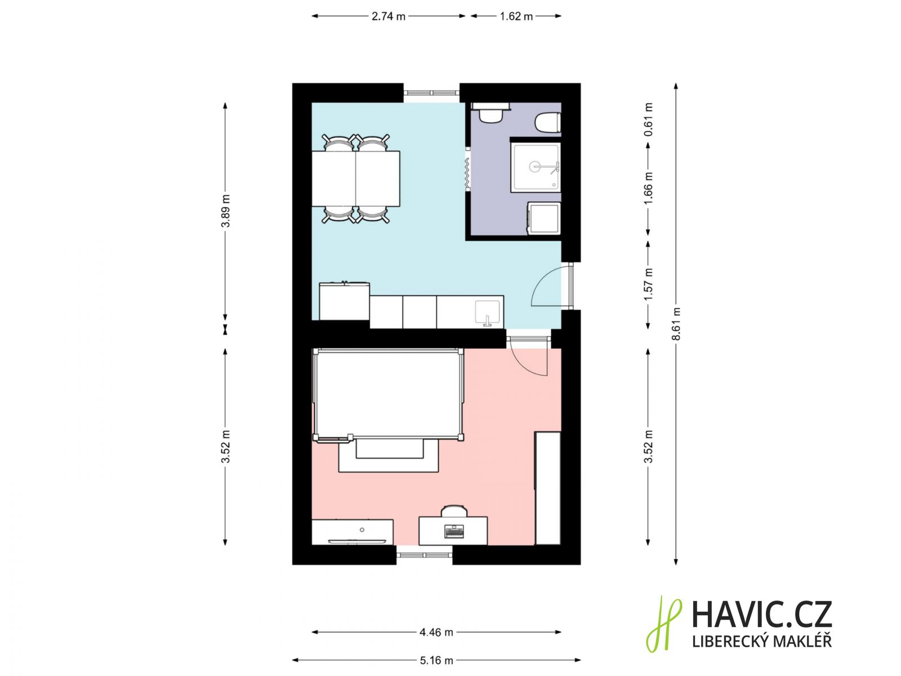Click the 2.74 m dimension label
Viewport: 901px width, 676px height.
click(388, 16)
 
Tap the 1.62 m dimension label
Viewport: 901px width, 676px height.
click(516, 16)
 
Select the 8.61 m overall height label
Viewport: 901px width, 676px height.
click(676, 324)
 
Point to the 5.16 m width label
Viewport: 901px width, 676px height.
click(436, 660)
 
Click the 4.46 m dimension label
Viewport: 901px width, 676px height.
click(436, 632)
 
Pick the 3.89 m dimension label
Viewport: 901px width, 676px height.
click(225, 211)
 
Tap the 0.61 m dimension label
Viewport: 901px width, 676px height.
click(648, 119)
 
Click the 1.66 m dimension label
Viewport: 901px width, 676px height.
click(648, 188)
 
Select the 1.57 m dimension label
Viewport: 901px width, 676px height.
click(648, 284)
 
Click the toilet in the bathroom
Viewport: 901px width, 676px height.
click(548, 122)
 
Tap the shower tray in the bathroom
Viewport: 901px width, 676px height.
click(536, 167)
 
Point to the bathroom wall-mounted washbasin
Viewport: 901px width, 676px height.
click(490, 113)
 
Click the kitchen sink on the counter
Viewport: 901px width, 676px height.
click(488, 313)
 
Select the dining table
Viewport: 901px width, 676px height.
click(355, 179)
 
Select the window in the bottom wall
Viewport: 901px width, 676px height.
click(425, 555)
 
